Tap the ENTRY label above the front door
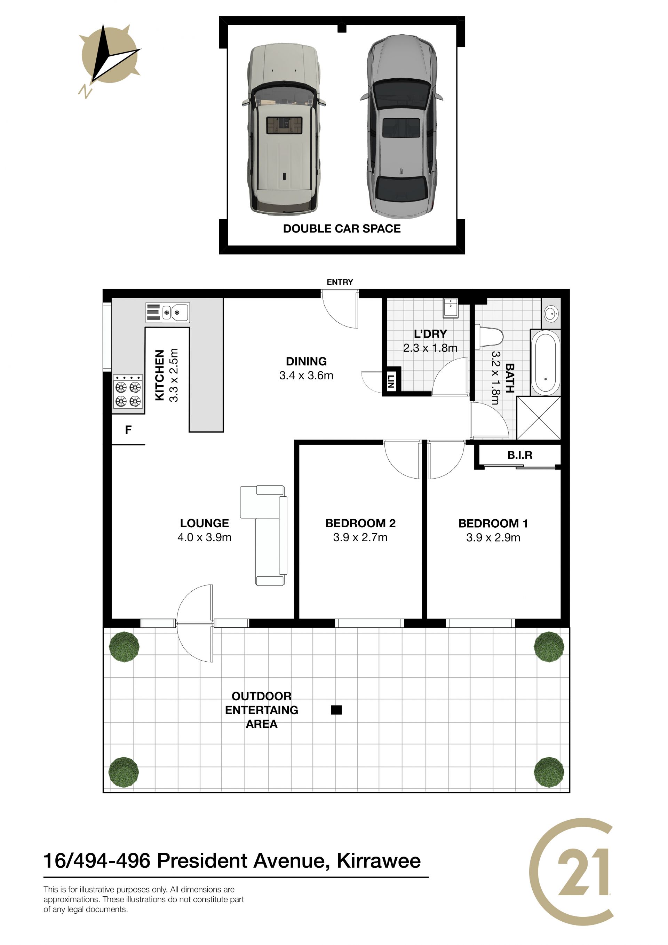340,282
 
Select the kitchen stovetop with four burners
128,392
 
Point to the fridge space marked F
128,430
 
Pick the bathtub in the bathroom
546,363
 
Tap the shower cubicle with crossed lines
539,418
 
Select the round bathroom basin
551,314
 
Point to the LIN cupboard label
391,382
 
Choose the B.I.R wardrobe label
519,455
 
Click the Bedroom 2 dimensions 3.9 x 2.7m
360,537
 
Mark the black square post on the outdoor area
336,710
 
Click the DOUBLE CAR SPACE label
342,229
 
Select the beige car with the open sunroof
284,129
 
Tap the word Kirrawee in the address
379,861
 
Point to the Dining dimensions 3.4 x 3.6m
306,375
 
